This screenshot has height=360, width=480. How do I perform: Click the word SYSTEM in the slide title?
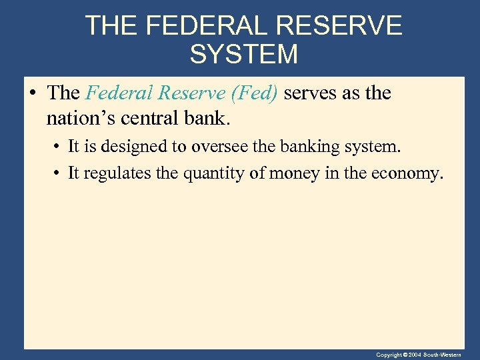pos(243,54)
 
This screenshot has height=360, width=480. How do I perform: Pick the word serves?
pos(311,93)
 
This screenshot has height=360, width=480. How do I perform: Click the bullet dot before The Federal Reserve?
pos(33,93)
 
